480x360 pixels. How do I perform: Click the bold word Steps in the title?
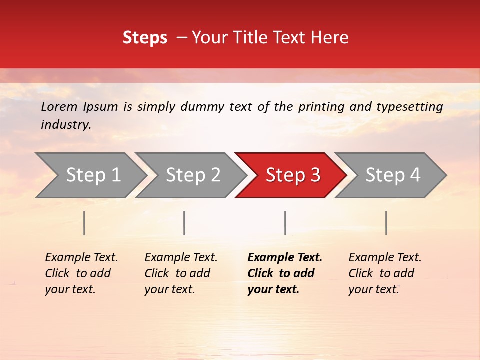click(145, 38)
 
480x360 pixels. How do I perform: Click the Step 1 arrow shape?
click(93, 175)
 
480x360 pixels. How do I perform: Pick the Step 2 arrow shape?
click(193, 175)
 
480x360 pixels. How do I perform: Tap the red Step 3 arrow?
click(293, 175)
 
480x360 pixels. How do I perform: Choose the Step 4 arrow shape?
click(393, 175)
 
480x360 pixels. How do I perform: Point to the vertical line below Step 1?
click(84, 223)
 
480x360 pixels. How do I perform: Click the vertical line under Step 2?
click(184, 223)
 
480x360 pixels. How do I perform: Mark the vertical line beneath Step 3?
click(285, 223)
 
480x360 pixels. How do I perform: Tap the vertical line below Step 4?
click(386, 223)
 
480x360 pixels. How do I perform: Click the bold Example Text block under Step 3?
click(285, 273)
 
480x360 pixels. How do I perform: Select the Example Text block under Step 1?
click(81, 273)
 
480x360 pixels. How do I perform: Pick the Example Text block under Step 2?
click(181, 273)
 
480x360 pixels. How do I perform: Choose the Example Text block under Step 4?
click(385, 273)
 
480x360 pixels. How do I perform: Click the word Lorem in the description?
click(59, 107)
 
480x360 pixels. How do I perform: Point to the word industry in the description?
click(65, 125)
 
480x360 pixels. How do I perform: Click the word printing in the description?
click(320, 107)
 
